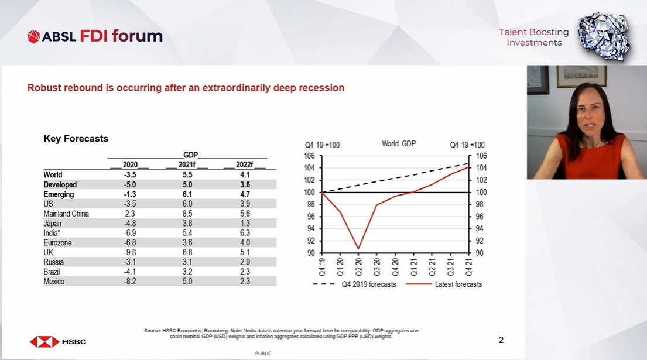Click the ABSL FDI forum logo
(95, 36)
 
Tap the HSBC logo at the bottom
(58, 341)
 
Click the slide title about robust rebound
(186, 88)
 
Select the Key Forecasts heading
(76, 139)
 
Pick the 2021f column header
(186, 165)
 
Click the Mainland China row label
(66, 214)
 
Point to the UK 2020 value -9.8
(131, 252)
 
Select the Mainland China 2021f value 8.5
(187, 214)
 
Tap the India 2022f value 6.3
(245, 233)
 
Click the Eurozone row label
(59, 243)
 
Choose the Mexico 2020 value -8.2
(131, 282)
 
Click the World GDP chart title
(398, 143)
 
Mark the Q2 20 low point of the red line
(358, 249)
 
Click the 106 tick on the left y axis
(310, 156)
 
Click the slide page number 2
(501, 340)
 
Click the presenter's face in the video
(586, 111)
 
